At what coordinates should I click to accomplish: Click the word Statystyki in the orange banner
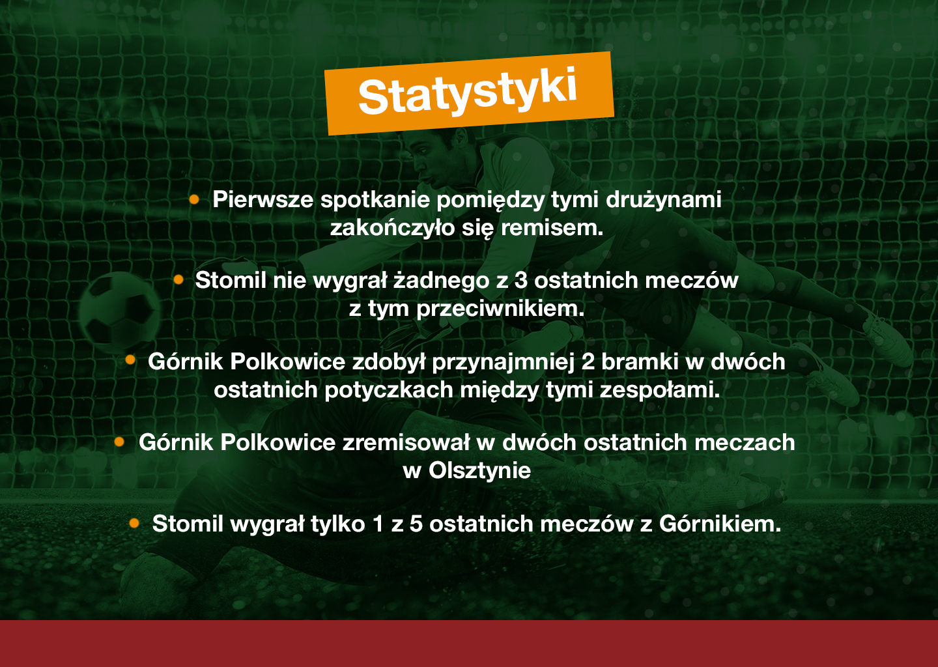(468, 92)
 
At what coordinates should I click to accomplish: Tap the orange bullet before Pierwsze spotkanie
(194, 199)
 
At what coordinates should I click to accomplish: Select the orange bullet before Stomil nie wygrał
(178, 279)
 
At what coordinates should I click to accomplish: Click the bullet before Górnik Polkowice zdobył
(130, 360)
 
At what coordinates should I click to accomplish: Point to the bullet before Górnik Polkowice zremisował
(119, 442)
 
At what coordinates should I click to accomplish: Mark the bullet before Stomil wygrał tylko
(134, 523)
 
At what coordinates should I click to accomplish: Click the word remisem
(552, 228)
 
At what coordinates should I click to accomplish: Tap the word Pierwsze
(263, 199)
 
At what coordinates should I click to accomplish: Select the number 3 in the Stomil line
(520, 281)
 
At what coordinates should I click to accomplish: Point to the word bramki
(640, 362)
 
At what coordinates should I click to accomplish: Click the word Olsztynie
(479, 471)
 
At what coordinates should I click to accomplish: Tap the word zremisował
(406, 442)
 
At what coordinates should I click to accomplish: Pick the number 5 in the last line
(416, 524)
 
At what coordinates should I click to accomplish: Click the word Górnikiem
(720, 524)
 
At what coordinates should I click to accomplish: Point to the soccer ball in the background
(119, 313)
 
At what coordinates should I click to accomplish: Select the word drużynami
(663, 199)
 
